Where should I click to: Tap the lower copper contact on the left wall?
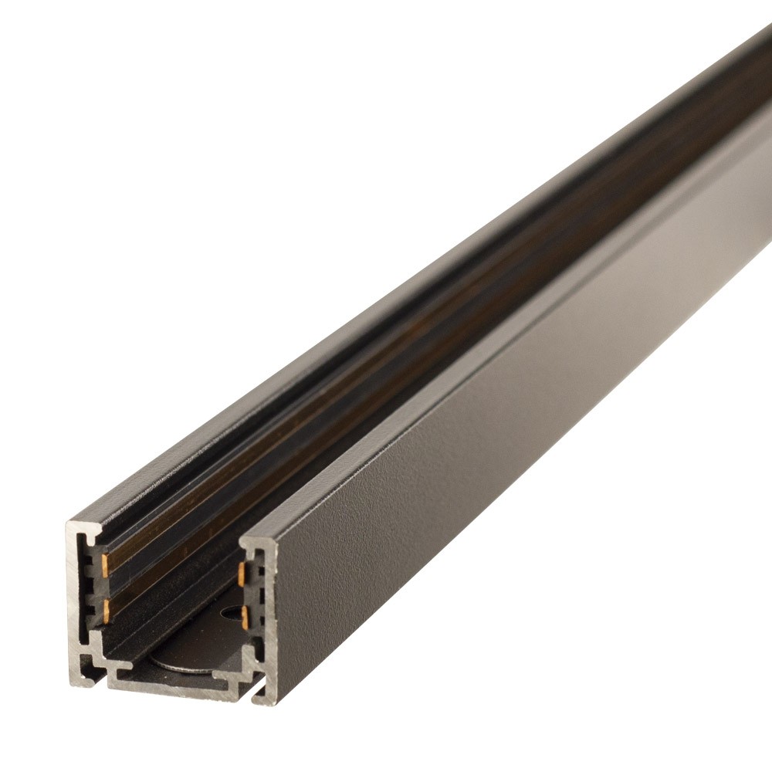click(104, 610)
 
